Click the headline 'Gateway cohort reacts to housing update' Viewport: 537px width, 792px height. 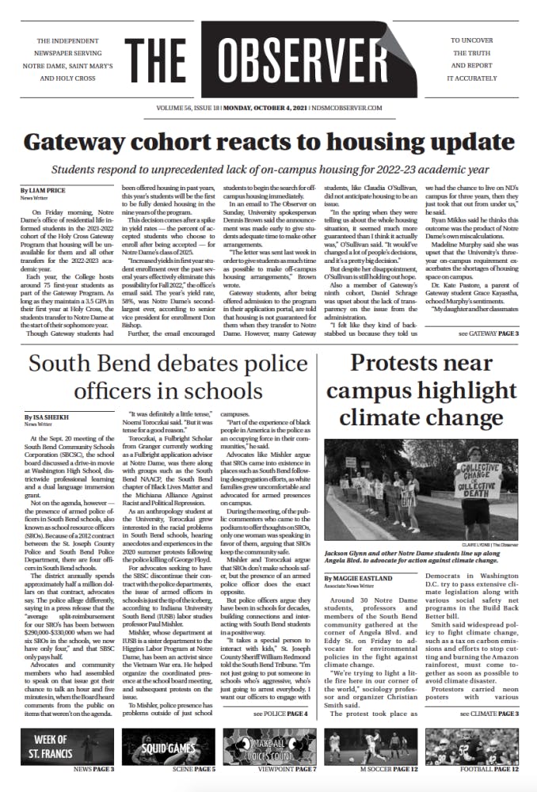(268, 143)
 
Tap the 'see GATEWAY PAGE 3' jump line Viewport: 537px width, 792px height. (488, 334)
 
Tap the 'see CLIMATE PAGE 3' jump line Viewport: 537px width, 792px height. (487, 714)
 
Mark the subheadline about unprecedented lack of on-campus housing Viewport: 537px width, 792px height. (268, 170)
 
